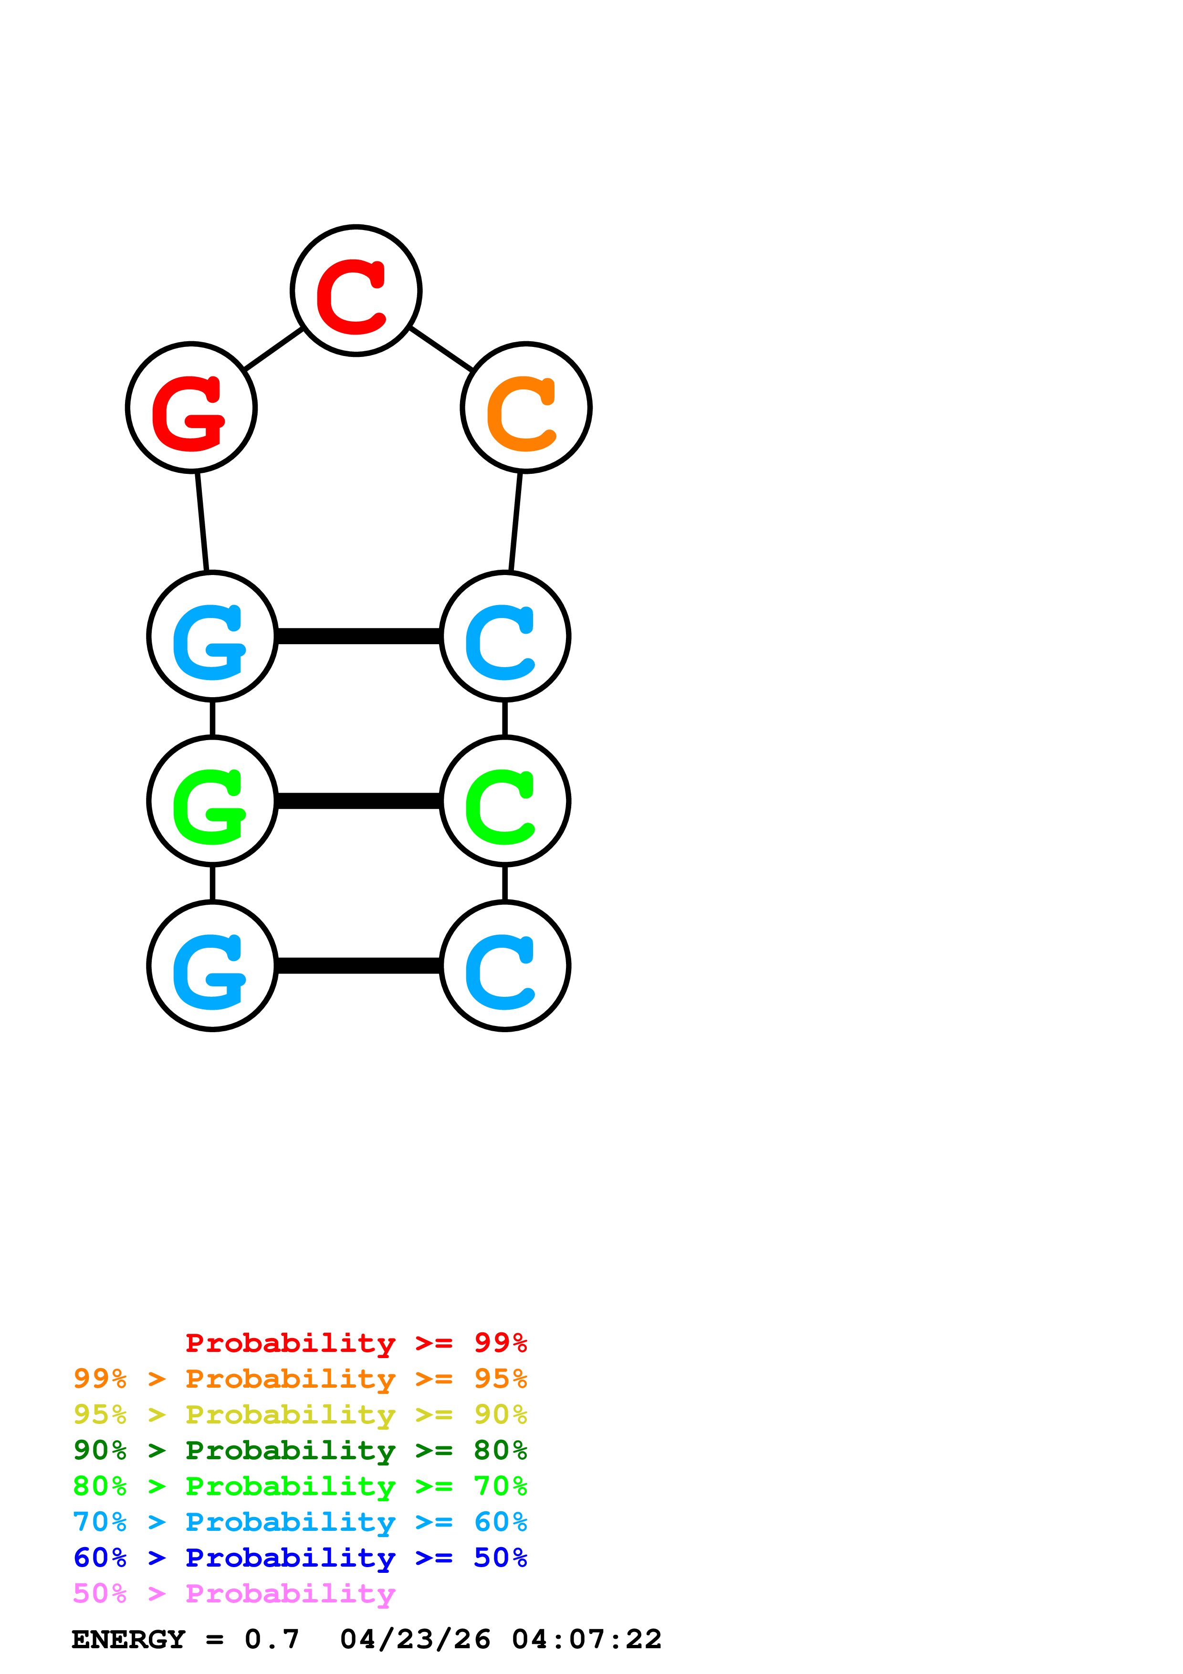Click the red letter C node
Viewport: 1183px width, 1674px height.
tap(356, 290)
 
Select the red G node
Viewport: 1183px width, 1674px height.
tap(191, 407)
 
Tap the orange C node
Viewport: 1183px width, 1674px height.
tap(525, 407)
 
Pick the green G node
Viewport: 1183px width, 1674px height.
tap(212, 801)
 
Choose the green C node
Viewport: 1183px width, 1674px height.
tap(504, 801)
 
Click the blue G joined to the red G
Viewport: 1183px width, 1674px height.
tap(212, 636)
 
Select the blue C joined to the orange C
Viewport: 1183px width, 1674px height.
tap(504, 636)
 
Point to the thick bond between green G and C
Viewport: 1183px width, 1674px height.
tap(358, 801)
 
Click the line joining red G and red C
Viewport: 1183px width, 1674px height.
tap(273, 348)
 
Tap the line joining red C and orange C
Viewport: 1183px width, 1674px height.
tap(441, 348)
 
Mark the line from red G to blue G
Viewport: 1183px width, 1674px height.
tap(202, 521)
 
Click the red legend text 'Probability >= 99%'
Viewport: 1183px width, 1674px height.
tap(356, 1342)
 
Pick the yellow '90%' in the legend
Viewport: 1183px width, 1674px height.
tap(500, 1414)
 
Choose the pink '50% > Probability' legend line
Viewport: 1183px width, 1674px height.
tap(234, 1594)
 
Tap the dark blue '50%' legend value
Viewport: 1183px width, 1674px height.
tap(500, 1558)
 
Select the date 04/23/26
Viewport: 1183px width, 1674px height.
tap(415, 1640)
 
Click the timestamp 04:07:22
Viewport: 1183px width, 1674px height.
tap(587, 1640)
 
